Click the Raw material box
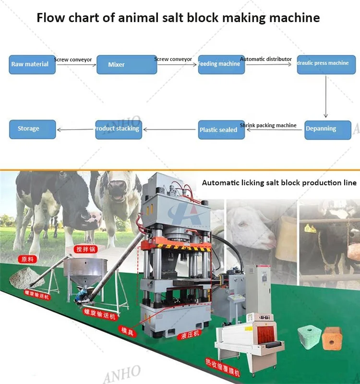tap(32, 64)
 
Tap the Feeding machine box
tap(221, 64)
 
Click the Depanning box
tap(327, 129)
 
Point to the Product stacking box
tap(119, 129)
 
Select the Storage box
tap(31, 129)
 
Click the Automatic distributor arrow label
tap(266, 59)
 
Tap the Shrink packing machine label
tap(268, 125)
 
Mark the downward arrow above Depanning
tap(326, 96)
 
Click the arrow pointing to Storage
tap(75, 130)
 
